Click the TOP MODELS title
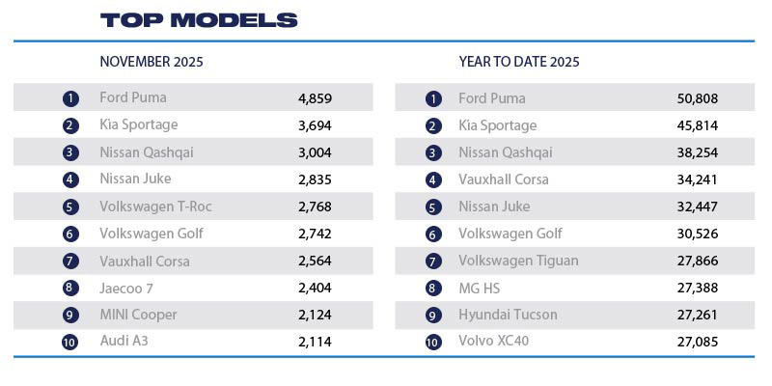coord(199,20)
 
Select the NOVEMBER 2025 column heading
coord(152,62)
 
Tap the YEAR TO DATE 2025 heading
coord(519,62)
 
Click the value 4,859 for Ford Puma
coord(316,98)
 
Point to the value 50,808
coord(698,98)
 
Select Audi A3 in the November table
coord(124,341)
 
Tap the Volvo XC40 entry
coord(494,341)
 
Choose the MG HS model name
coord(480,288)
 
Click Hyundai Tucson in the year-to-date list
coord(508,315)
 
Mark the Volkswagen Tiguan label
coord(518,261)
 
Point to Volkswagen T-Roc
coord(155,207)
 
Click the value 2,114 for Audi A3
coord(316,342)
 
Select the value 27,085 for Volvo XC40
coord(698,342)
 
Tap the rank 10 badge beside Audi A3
coord(69,342)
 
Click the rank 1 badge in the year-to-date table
coord(433,98)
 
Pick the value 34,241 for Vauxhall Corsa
coord(698,179)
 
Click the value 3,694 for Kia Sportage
coord(316,125)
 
